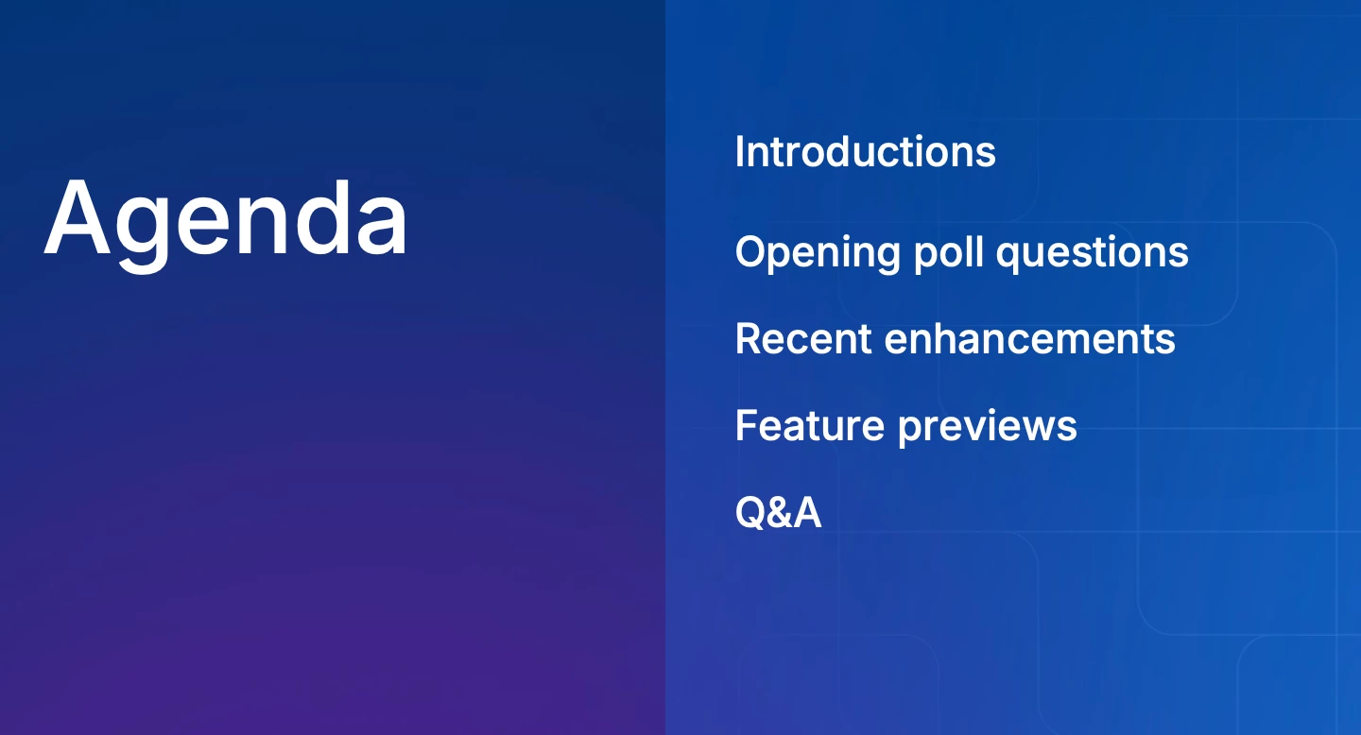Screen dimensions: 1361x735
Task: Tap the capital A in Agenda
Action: point(78,217)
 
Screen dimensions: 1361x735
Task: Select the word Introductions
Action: point(865,151)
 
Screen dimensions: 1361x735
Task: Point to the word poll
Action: point(949,251)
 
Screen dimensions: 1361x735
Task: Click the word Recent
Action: point(803,339)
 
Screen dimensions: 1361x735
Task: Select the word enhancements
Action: point(1030,339)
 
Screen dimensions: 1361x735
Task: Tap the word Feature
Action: point(810,425)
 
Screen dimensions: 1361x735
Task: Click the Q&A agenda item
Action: point(779,512)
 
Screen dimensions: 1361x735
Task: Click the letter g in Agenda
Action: point(142,234)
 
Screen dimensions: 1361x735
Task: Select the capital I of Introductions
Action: point(739,151)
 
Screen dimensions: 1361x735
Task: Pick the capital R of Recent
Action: point(749,338)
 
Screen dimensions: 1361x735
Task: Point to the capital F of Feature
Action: point(748,425)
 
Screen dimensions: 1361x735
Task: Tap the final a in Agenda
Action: point(382,227)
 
